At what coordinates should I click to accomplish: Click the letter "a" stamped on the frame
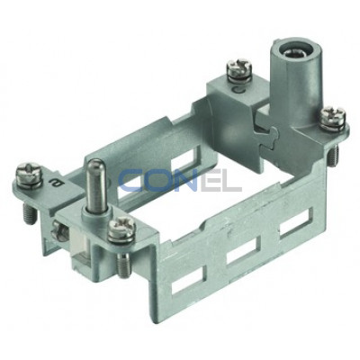(54, 183)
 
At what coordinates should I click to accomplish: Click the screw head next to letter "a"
(29, 173)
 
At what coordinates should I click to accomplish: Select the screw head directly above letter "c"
(238, 67)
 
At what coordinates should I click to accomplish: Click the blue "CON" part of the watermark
(157, 182)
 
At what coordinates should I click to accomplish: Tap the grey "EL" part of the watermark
(220, 182)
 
